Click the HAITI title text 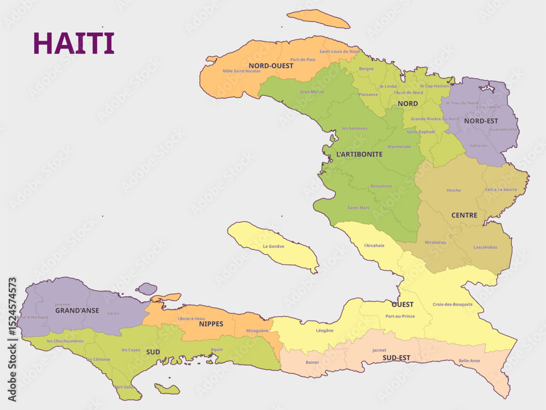74,43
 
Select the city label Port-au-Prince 400,316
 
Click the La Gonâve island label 274,246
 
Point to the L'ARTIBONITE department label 359,154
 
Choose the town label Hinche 454,190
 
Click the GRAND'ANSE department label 77,310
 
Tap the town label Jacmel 379,350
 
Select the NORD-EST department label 480,120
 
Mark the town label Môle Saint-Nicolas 241,71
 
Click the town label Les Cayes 130,350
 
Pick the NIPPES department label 211,324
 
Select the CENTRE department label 464,215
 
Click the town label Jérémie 62,304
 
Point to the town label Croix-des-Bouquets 453,304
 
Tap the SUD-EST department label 396,358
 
